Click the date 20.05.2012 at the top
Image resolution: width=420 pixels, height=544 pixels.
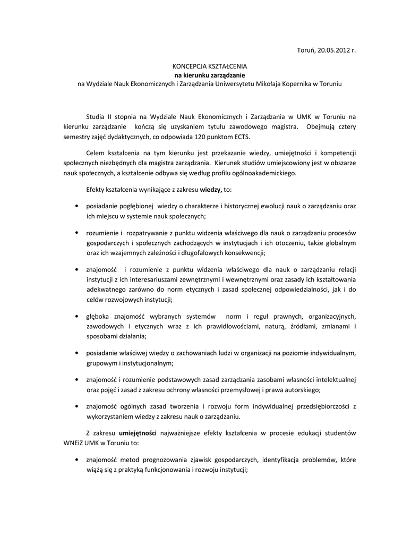[333, 50]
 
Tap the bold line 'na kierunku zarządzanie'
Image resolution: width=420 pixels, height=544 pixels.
[210, 75]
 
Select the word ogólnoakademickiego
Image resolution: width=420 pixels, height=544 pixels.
[259, 173]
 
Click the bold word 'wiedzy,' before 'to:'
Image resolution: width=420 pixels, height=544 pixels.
[211, 189]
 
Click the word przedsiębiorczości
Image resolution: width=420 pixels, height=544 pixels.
[318, 406]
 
